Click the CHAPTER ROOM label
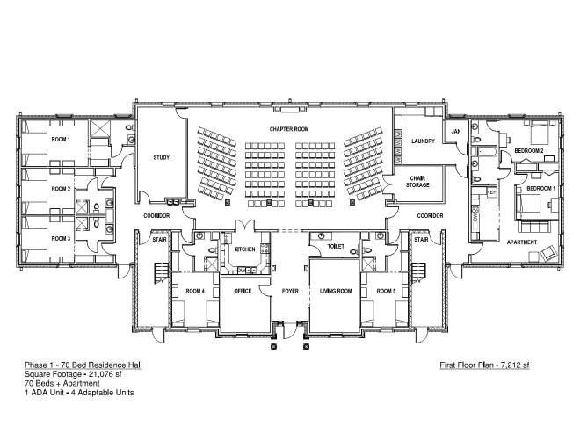[289, 129]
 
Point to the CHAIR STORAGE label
[418, 181]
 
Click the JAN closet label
[455, 132]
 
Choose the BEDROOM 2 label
[529, 151]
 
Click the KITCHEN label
[244, 250]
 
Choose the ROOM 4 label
[194, 291]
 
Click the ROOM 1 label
[61, 140]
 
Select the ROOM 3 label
[61, 238]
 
